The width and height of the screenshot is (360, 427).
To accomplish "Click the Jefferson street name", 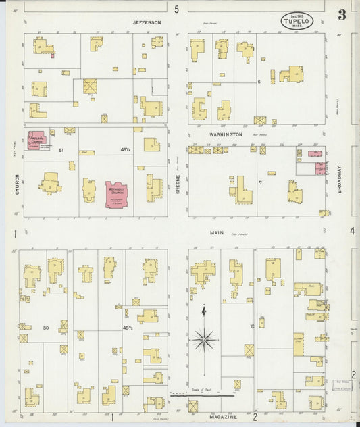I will coord(147,22).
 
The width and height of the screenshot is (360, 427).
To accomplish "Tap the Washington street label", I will coord(225,134).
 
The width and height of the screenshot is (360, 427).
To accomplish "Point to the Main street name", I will coord(216,232).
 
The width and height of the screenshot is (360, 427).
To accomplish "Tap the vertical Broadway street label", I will coord(340,180).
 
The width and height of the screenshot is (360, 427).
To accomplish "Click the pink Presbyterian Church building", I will coord(36,141).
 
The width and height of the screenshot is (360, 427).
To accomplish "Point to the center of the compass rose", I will coord(203,338).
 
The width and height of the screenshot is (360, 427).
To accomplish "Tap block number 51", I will coord(61,149).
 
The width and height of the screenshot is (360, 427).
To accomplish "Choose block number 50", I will coord(45,328).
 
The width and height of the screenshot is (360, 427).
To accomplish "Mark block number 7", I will coord(259,182).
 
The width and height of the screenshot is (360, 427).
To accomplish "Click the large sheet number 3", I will coord(343,14).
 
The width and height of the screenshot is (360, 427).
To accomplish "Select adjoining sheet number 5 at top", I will coord(176,9).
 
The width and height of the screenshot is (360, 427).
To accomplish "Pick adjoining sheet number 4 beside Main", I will coord(352,231).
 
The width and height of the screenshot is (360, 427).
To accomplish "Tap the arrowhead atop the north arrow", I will coord(203,309).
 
